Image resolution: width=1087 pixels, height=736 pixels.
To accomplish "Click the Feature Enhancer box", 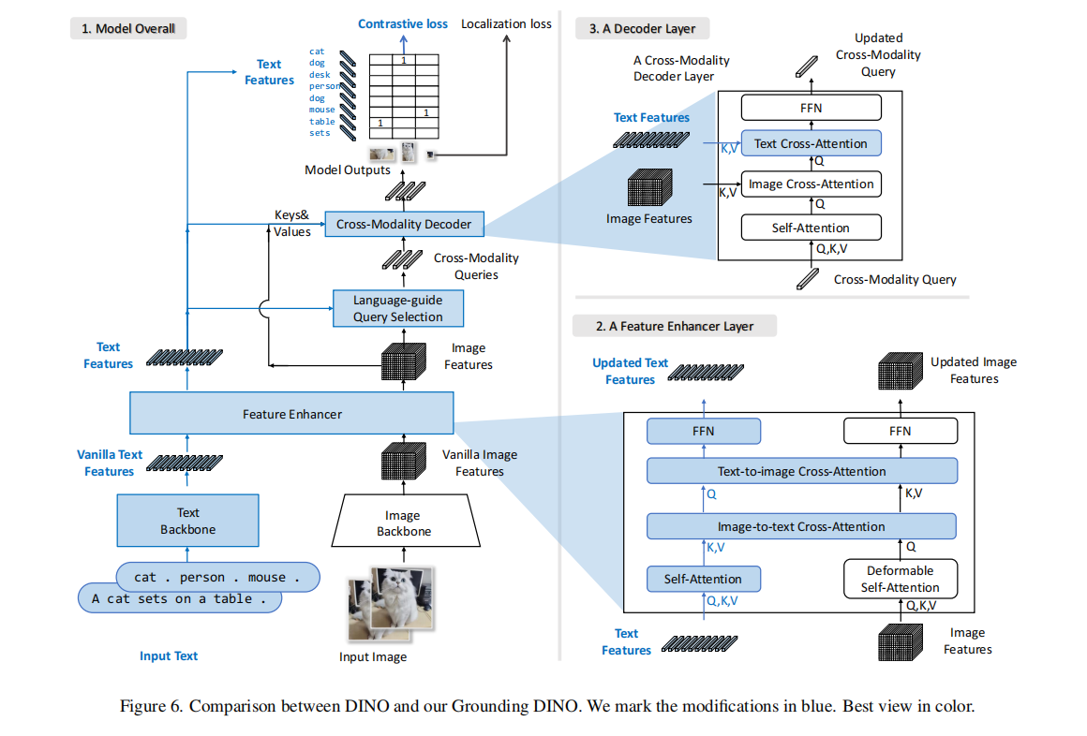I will (291, 414).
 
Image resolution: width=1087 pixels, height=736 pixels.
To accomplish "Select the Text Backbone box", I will (187, 521).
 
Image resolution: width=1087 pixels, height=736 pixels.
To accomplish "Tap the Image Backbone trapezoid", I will (404, 523).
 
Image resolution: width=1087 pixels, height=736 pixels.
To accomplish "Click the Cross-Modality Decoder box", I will (404, 225).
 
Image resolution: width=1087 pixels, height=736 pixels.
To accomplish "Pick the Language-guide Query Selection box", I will (397, 308).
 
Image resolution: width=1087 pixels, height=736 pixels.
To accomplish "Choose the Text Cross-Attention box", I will (812, 143).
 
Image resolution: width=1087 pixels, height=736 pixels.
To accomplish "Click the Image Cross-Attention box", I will (812, 184).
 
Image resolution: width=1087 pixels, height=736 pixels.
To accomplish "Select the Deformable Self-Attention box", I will (900, 579).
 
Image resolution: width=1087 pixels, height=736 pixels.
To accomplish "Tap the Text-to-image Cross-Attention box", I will (802, 471).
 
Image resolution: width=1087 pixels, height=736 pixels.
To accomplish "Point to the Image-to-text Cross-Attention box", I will (801, 526).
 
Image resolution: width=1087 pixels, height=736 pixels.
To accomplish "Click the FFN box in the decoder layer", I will (812, 108).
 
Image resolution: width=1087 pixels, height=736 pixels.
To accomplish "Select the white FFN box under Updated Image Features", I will (901, 431).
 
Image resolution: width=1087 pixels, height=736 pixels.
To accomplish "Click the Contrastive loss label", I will (403, 23).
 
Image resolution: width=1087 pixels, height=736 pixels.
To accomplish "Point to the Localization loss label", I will (506, 23).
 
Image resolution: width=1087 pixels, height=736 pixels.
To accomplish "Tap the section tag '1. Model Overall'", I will (128, 29).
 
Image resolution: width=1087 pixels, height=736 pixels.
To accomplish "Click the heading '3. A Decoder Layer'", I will (642, 29).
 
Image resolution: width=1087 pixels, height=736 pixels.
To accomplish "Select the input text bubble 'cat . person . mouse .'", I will (217, 577).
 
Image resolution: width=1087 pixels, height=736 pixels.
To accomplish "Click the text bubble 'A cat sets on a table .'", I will (179, 598).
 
